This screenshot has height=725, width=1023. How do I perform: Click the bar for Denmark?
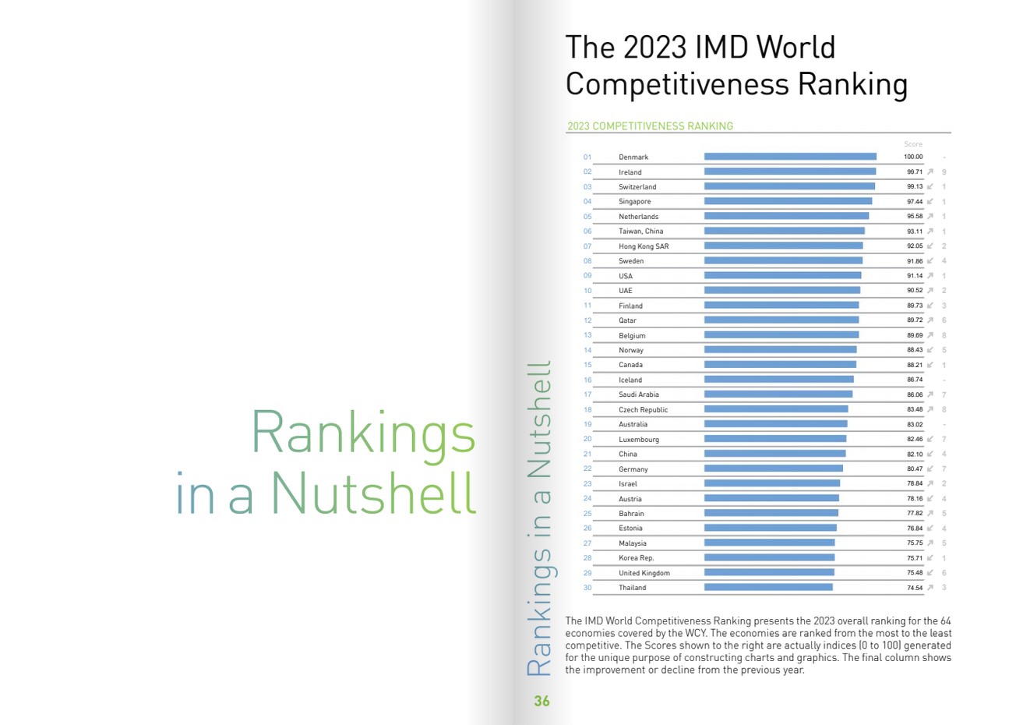[x=790, y=157]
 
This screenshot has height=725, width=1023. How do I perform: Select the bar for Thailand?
[x=768, y=588]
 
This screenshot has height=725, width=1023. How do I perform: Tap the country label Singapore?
[x=634, y=202]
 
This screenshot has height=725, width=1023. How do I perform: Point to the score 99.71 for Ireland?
[x=914, y=172]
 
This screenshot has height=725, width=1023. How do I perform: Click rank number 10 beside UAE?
[x=587, y=291]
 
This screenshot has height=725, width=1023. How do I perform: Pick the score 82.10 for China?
[x=914, y=454]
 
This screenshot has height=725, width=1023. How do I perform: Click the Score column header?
[x=913, y=144]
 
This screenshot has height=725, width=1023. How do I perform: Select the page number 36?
[x=541, y=702]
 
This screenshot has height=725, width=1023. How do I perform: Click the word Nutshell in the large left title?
[x=373, y=493]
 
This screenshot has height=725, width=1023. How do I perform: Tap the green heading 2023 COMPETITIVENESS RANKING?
[x=650, y=126]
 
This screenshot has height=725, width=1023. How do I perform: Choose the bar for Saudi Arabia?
[x=778, y=394]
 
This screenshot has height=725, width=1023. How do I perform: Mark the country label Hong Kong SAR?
[x=644, y=246]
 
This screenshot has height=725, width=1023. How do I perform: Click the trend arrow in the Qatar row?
[x=930, y=320]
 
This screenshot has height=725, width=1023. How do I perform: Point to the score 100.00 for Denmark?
[x=913, y=157]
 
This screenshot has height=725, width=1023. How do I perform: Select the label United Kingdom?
[x=644, y=573]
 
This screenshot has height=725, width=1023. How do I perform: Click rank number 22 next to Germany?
[x=587, y=469]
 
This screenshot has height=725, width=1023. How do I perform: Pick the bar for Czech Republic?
[x=776, y=409]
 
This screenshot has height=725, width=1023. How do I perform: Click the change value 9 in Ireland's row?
[x=944, y=172]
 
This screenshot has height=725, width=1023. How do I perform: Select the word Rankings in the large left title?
[x=362, y=433]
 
